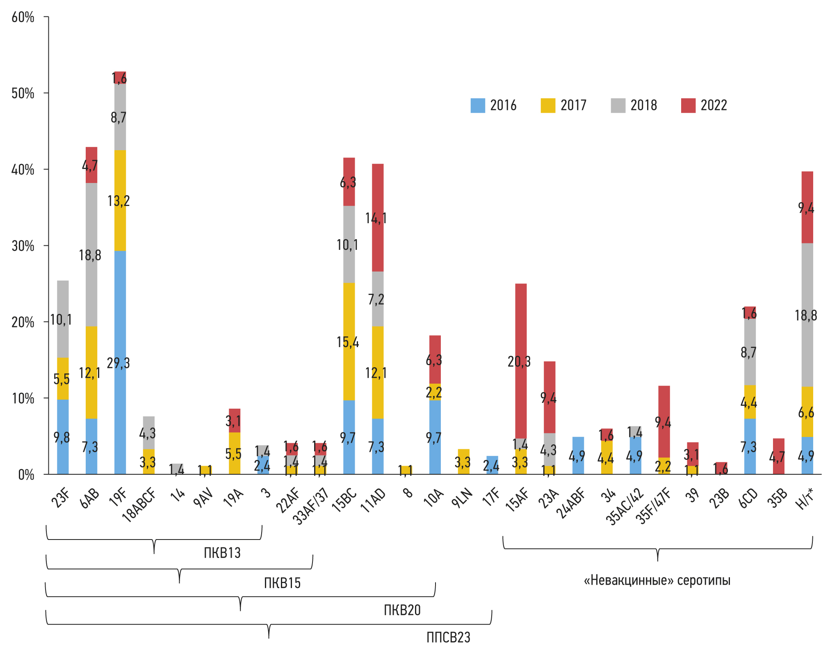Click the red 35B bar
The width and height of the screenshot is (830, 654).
[x=778, y=456]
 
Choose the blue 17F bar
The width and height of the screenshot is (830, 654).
[x=492, y=465]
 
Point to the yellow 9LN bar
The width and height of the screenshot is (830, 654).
[x=463, y=462]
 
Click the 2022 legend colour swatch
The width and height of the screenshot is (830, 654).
[x=688, y=105]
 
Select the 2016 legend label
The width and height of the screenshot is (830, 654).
[x=503, y=105]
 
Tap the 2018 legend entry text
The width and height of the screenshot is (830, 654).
[x=643, y=105]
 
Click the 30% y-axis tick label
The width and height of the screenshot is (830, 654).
[x=23, y=246]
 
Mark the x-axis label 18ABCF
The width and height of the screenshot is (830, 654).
[x=139, y=505]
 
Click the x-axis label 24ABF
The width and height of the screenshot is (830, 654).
[x=571, y=503]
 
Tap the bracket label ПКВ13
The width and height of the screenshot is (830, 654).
[x=222, y=553]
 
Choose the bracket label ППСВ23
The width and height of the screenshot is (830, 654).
[x=448, y=638]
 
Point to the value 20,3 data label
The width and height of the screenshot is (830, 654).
[x=519, y=361]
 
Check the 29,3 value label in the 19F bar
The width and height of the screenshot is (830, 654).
[x=118, y=363]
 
